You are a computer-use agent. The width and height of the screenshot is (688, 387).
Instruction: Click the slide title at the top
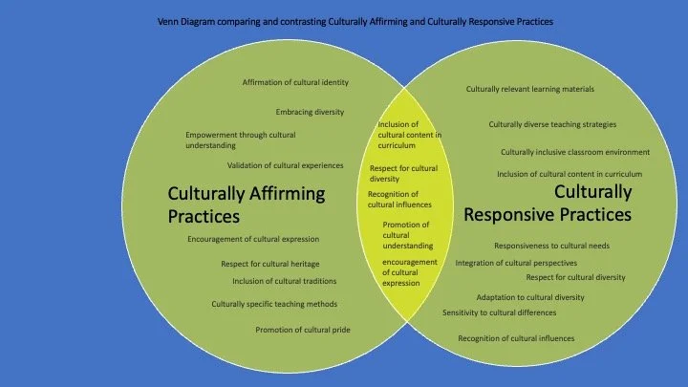pos(355,20)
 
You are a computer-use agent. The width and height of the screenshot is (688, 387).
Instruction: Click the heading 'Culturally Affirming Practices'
pos(247,204)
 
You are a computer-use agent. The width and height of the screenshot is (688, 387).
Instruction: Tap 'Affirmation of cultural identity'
pos(295,82)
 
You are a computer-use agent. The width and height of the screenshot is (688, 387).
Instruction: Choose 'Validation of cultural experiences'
pos(285,165)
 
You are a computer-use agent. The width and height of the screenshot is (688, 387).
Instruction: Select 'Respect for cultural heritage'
pos(269,263)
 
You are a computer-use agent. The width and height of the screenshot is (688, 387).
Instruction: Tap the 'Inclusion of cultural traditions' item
pos(283,281)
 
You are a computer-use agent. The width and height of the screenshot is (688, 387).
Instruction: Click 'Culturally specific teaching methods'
pos(274,304)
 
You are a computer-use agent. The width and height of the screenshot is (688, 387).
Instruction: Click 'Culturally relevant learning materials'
pos(530,89)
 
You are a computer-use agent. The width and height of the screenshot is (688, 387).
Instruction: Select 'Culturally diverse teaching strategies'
pos(552,124)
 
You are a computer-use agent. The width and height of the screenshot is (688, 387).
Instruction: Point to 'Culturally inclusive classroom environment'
pos(575,152)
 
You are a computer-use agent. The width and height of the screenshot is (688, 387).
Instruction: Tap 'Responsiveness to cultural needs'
pos(551,245)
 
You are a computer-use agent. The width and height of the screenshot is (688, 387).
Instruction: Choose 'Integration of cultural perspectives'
pos(516,262)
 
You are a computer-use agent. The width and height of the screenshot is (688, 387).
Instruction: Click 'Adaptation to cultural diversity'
pos(530,297)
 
